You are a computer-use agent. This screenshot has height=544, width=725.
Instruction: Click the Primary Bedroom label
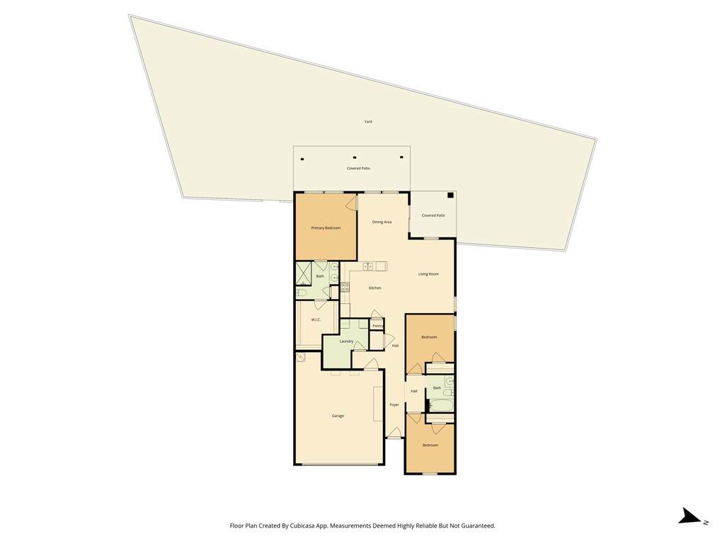click(x=326, y=228)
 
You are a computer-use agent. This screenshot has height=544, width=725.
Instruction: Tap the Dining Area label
click(x=382, y=222)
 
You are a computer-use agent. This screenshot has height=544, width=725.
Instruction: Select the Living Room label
click(x=428, y=274)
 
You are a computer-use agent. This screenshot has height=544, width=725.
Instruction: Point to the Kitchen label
click(x=375, y=288)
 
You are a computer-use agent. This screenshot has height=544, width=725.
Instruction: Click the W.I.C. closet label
click(x=316, y=319)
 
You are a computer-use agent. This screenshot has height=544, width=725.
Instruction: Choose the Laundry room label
click(x=346, y=341)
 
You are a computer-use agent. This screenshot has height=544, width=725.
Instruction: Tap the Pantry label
click(x=378, y=326)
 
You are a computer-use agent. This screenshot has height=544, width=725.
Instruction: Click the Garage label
click(x=338, y=416)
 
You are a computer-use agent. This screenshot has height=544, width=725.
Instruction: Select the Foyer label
click(x=394, y=404)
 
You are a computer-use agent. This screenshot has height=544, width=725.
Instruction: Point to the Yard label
click(x=368, y=122)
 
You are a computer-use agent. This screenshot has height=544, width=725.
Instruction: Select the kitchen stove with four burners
click(x=345, y=288)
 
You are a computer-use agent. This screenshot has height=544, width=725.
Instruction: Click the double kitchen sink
click(x=368, y=266)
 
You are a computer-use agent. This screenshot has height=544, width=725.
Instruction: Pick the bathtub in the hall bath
click(x=440, y=406)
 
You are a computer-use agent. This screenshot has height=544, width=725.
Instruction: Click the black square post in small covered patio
click(x=450, y=195)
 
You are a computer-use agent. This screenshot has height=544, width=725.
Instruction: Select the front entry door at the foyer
click(x=394, y=433)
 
